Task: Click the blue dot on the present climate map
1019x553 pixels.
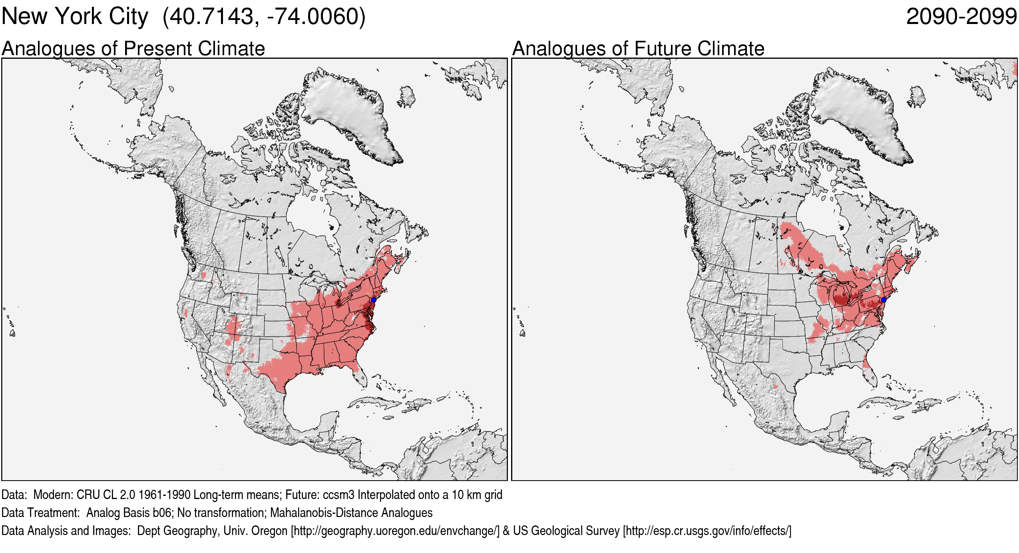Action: point(374,300)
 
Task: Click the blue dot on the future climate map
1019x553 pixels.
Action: point(884,300)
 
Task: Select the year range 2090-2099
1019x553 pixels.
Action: point(961,17)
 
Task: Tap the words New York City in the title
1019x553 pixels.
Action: point(75,17)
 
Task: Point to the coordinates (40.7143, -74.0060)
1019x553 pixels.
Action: point(264,17)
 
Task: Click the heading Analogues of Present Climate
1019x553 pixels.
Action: point(133,49)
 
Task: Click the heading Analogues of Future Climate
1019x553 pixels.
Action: point(638,49)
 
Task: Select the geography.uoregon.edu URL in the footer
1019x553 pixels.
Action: point(395,531)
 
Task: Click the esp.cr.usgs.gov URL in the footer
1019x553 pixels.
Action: point(707,531)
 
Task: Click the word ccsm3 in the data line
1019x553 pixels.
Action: point(338,495)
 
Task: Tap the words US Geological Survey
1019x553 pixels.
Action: point(566,531)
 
